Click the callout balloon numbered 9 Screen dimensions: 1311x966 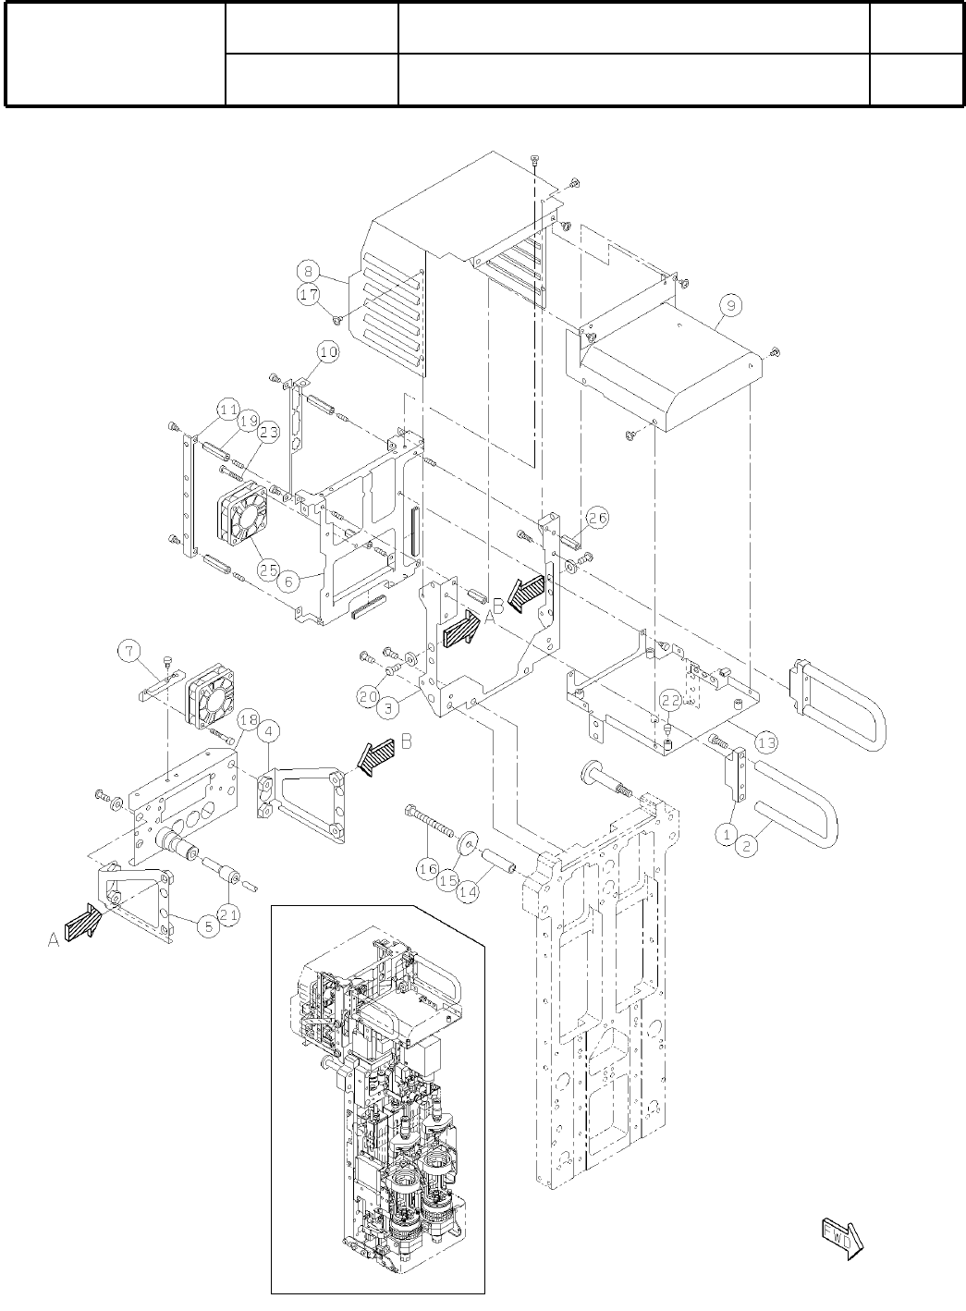click(730, 302)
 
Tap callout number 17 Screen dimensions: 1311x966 click(309, 294)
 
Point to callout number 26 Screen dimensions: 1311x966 click(597, 519)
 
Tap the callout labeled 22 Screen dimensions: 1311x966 click(670, 701)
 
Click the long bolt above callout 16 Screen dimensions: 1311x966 click(428, 819)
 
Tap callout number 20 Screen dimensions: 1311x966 click(369, 694)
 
